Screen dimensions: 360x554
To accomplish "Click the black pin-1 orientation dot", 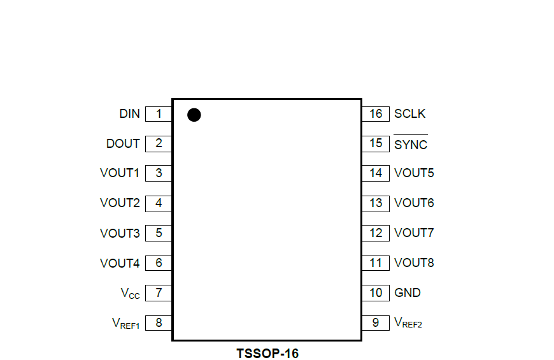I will [194, 115].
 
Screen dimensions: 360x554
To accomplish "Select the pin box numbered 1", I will [159, 114].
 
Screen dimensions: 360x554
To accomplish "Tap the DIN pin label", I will [129, 114].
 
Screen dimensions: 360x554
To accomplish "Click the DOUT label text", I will [123, 143].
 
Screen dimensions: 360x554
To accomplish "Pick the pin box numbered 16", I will [376, 114].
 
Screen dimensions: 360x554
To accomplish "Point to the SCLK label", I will [410, 114].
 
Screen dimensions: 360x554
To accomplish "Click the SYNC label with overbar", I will [411, 145].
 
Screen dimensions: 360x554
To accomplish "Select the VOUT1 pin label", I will [120, 173].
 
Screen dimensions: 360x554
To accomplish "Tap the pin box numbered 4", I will [159, 203].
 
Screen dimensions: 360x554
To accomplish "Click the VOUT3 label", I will [120, 233].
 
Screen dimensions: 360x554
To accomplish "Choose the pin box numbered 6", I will [159, 263].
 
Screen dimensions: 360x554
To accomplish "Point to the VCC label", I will [131, 294].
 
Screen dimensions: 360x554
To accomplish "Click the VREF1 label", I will [125, 324].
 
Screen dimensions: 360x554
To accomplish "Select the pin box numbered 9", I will [376, 323].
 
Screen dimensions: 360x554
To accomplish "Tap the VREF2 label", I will [408, 324].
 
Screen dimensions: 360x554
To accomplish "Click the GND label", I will [408, 293].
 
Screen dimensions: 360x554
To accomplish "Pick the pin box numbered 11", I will [376, 263].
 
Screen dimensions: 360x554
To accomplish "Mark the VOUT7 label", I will [414, 233].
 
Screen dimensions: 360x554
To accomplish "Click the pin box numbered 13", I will [376, 203].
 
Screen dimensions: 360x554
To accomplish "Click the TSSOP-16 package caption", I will [267, 353].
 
